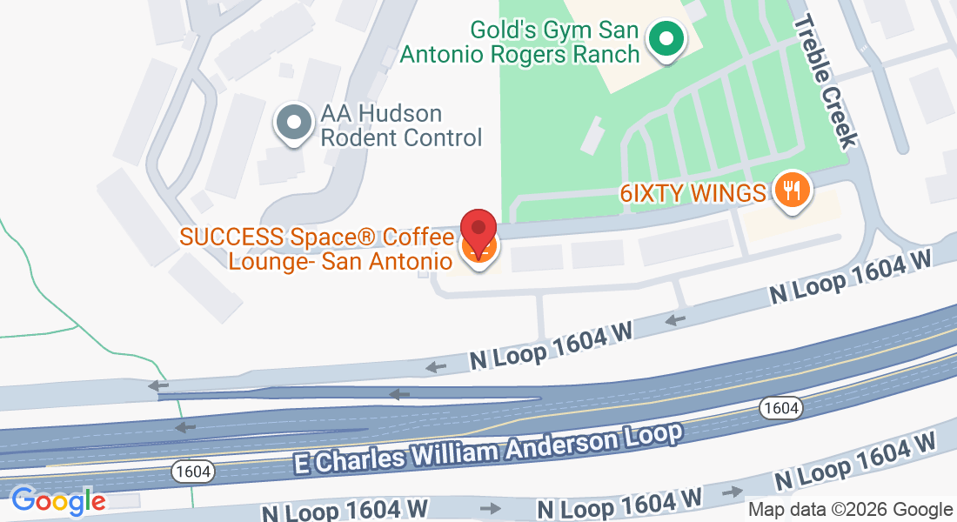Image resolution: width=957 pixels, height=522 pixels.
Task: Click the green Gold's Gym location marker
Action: pos(666,40)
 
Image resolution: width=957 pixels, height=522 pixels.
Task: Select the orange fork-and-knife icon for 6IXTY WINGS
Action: pos(791,191)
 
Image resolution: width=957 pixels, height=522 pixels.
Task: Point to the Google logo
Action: pos(57,501)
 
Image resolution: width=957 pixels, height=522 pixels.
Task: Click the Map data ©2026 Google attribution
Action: pos(850,510)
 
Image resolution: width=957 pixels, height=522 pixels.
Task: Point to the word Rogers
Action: pos(526,53)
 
